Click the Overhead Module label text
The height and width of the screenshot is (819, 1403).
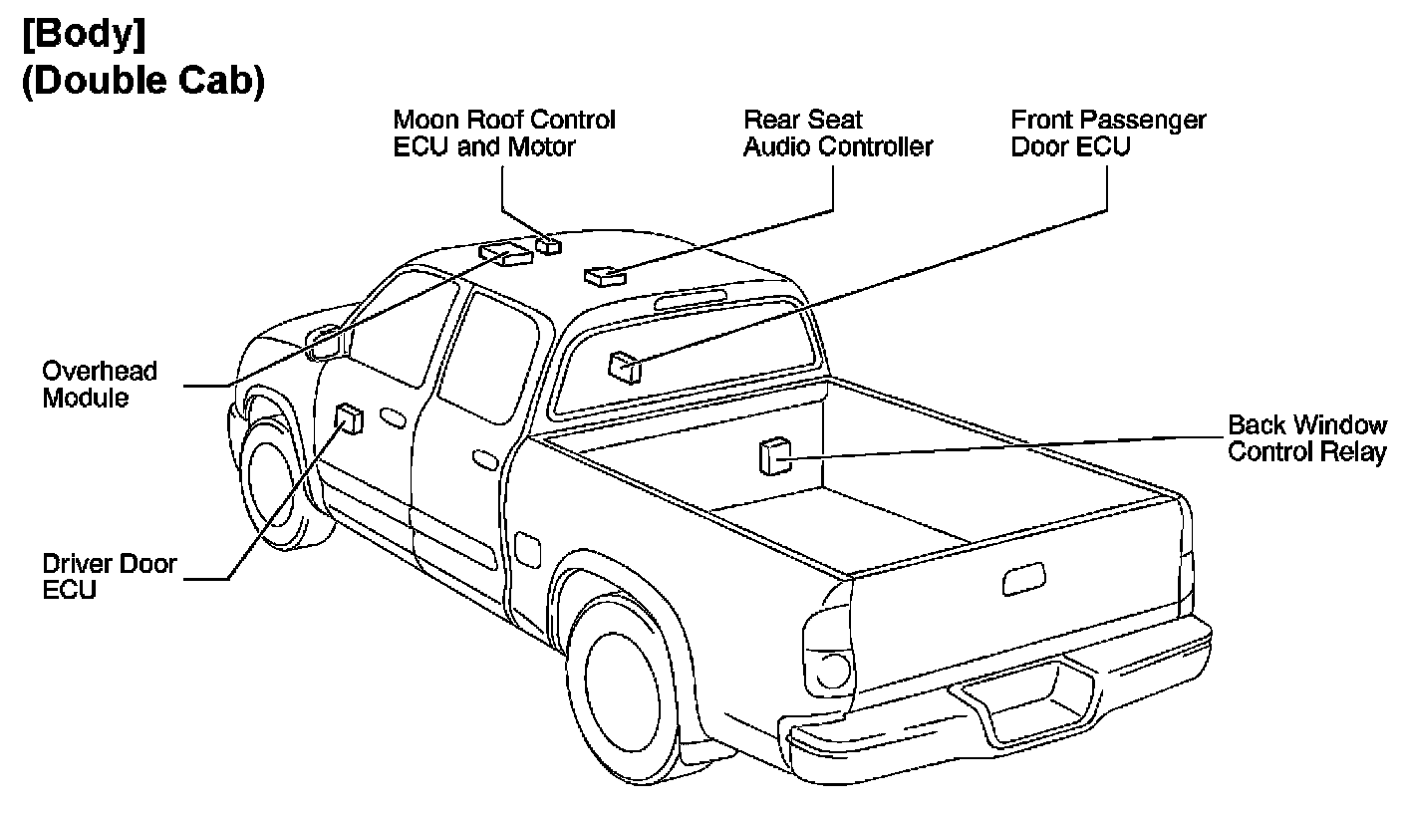(x=99, y=385)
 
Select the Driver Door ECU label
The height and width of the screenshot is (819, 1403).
(x=109, y=576)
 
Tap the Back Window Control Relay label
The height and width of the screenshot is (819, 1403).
(x=1306, y=438)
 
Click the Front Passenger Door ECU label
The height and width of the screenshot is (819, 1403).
(x=1108, y=134)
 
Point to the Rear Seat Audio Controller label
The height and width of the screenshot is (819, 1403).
(x=837, y=134)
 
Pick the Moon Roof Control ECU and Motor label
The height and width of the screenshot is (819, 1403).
(x=504, y=134)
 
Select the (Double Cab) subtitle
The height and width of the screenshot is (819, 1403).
(x=142, y=82)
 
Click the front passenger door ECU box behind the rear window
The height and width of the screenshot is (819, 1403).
(x=625, y=367)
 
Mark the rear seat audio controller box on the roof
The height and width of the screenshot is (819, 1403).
(x=603, y=274)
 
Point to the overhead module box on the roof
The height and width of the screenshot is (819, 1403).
(x=506, y=252)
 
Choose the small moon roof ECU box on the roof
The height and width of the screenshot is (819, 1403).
(x=548, y=244)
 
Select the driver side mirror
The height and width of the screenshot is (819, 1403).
(x=325, y=342)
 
